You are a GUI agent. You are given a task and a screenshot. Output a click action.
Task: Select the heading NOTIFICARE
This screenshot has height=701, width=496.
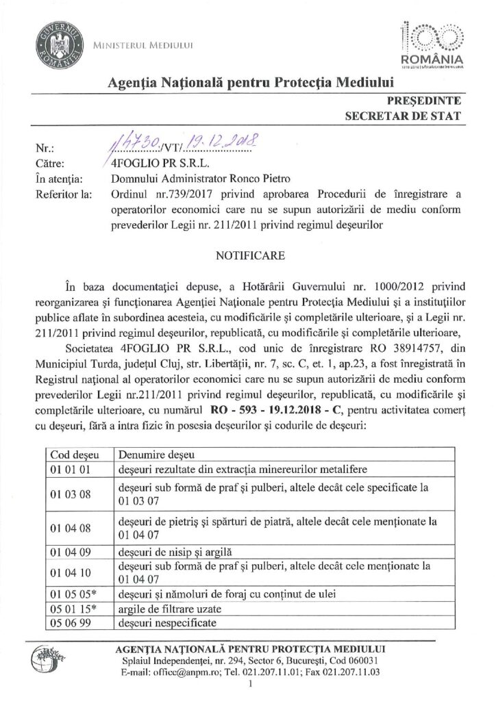coord(247,255)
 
